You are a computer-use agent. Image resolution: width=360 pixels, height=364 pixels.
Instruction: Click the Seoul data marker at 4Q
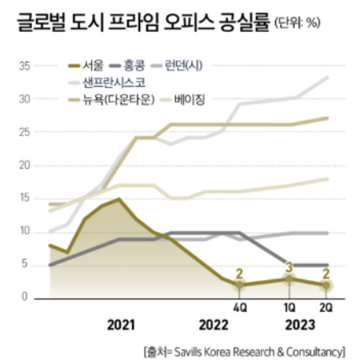coord(239,285)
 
